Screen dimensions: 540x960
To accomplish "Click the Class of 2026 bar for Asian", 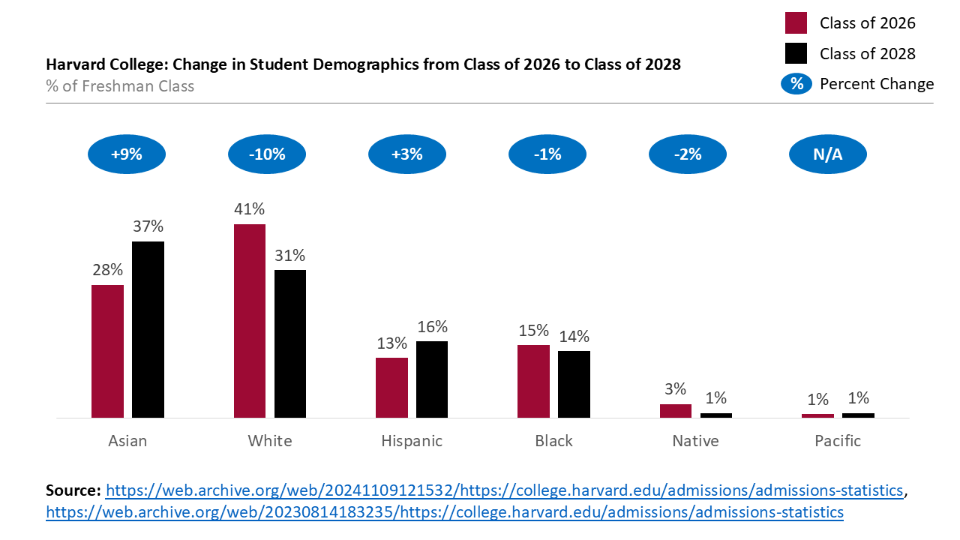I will click(x=107, y=351).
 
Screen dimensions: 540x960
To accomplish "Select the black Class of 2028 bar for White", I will click(x=290, y=343).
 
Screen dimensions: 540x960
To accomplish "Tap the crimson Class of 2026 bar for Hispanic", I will click(x=391, y=387).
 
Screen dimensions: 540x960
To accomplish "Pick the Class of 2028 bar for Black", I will click(x=574, y=384).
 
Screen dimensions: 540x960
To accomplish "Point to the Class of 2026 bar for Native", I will click(x=676, y=411).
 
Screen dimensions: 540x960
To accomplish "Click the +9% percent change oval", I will click(x=127, y=155).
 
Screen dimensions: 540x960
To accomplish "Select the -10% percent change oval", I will click(x=267, y=155).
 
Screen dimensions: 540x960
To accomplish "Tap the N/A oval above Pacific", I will click(x=828, y=155).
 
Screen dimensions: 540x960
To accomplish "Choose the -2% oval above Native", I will click(x=688, y=155).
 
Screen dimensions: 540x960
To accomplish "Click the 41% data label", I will click(x=250, y=209).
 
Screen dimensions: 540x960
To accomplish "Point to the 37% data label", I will click(x=148, y=226).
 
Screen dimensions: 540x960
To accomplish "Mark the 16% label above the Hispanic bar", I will click(x=432, y=326).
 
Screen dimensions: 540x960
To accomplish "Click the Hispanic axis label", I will click(x=412, y=441).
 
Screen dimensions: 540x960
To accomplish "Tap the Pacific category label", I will click(x=838, y=441).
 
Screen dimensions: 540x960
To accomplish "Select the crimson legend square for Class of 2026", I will click(x=796, y=23).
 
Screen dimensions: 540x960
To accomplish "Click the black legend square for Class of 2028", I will click(x=796, y=53).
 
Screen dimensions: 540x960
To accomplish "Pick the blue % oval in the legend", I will click(x=796, y=84).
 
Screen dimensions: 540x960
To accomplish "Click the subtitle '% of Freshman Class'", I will click(x=120, y=86).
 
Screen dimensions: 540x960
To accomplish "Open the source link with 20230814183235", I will click(x=445, y=512).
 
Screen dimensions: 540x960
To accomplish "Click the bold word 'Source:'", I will click(x=73, y=490).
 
